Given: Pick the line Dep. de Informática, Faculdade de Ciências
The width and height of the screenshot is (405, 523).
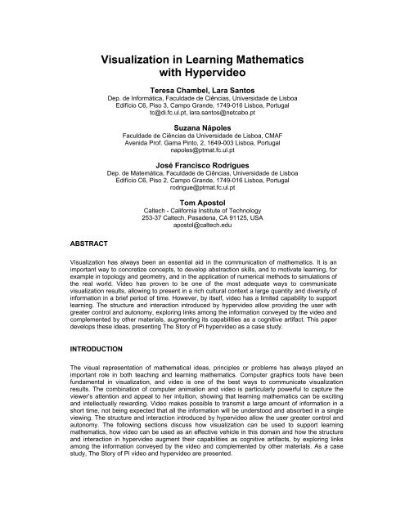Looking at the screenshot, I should tap(202, 100).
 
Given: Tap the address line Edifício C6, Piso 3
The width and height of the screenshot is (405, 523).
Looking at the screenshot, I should tap(202, 108).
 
